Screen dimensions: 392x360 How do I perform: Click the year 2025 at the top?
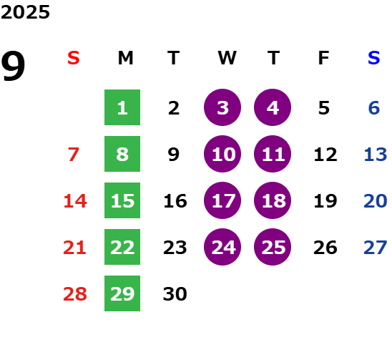[x=25, y=12]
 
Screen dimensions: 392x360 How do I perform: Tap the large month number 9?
[x=13, y=66]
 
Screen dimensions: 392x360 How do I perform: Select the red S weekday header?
[x=74, y=58]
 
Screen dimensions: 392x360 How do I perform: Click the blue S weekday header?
[x=374, y=58]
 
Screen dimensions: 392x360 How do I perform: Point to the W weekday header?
[x=227, y=58]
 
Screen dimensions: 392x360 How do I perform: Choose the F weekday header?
[x=324, y=58]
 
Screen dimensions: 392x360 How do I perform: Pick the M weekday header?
[x=125, y=58]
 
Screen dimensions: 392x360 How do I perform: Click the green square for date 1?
[x=122, y=107]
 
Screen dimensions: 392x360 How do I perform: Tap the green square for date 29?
[x=122, y=293]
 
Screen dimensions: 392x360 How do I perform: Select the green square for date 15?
[x=122, y=200]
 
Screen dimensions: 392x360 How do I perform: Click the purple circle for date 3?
[x=222, y=107]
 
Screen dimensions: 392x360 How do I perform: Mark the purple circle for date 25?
[x=273, y=247]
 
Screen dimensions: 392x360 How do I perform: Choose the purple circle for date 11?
[x=273, y=154]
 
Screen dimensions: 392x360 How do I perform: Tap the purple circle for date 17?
[x=222, y=200]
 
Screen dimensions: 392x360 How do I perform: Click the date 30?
[x=175, y=293]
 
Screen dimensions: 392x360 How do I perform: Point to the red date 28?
[x=75, y=293]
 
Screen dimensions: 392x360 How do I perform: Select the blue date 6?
[x=374, y=108]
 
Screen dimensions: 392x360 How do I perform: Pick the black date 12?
[x=325, y=154]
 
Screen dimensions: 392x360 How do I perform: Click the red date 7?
[x=74, y=154]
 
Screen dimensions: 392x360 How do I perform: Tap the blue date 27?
[x=376, y=248]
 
